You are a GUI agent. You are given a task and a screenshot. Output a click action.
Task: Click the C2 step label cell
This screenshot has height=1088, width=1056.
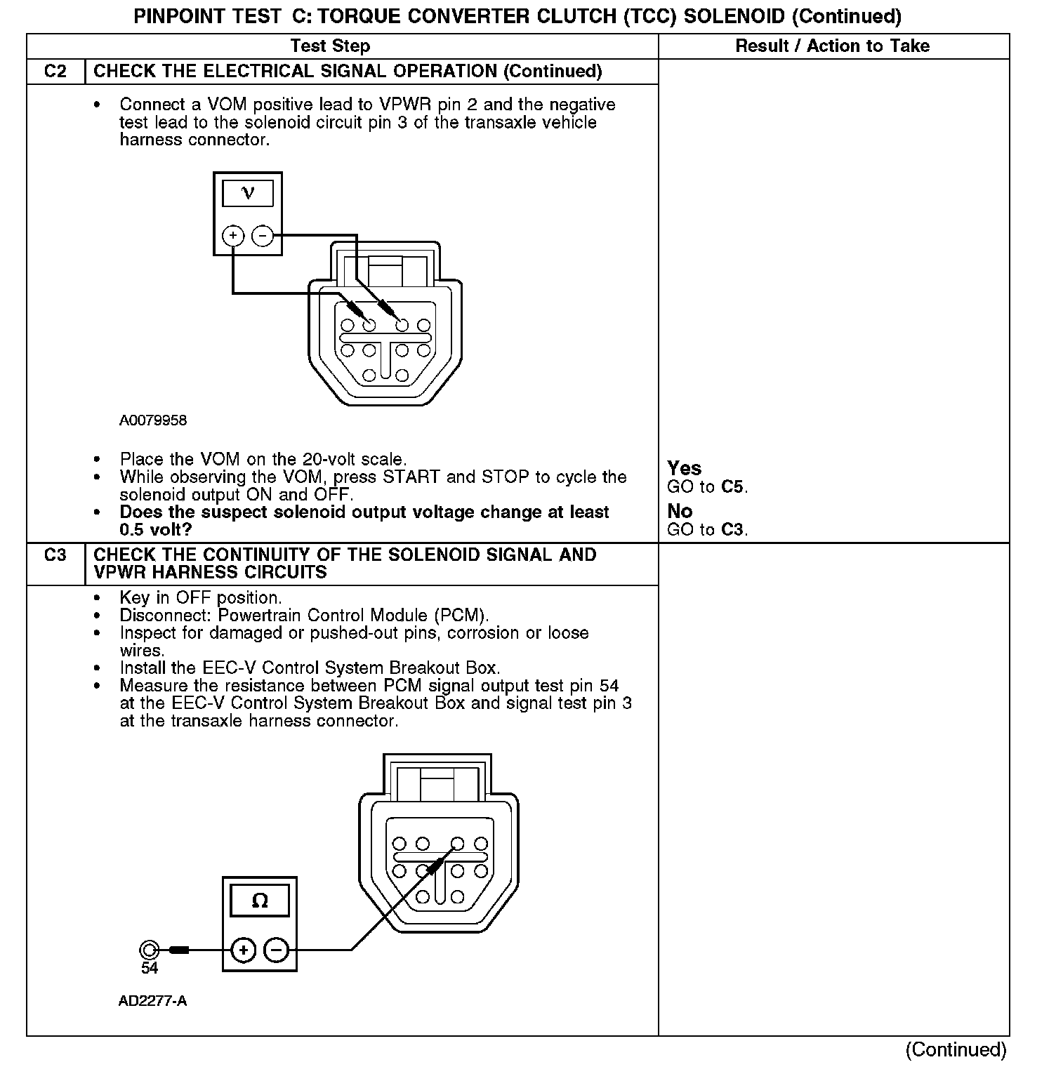click(55, 72)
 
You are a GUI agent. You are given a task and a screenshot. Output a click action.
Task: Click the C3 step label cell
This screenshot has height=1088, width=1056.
click(55, 555)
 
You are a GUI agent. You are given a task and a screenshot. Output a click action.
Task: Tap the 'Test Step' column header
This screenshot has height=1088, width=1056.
click(330, 46)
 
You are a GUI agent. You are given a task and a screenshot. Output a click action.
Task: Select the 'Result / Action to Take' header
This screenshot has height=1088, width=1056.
click(832, 46)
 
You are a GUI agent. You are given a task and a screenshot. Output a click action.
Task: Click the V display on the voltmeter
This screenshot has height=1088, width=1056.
click(248, 193)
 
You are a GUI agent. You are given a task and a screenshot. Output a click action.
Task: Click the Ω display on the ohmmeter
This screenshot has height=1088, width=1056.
click(259, 901)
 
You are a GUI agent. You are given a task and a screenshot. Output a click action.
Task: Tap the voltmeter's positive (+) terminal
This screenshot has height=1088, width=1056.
click(233, 236)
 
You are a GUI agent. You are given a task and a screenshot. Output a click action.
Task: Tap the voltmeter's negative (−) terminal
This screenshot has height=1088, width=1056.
click(263, 236)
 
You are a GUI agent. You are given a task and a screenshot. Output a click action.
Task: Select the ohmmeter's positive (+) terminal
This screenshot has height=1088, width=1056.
click(243, 950)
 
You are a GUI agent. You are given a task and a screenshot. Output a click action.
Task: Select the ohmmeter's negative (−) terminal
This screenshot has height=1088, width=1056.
click(277, 950)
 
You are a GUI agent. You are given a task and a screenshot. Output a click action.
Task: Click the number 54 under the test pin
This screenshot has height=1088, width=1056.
click(150, 968)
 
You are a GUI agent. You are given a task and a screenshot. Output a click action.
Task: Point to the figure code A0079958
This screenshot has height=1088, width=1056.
click(153, 420)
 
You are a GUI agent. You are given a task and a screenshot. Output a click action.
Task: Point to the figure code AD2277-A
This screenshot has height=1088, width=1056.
click(152, 1001)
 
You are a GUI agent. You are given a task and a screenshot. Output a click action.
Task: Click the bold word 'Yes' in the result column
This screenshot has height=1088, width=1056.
click(684, 468)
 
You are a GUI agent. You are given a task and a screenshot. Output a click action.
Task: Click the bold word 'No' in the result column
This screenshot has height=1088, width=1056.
click(680, 511)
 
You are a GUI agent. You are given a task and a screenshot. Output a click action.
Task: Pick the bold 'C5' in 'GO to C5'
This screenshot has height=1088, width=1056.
click(734, 486)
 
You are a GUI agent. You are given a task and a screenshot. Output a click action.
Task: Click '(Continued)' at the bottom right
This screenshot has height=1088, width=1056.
click(956, 1049)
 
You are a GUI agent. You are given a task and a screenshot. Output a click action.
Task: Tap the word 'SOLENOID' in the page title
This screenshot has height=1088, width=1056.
click(733, 16)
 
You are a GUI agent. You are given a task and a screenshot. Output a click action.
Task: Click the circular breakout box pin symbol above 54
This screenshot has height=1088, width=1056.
click(149, 950)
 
